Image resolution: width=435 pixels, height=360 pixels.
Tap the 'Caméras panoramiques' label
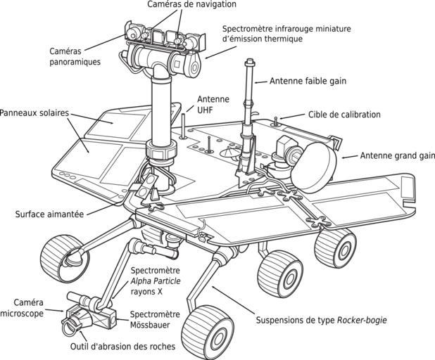pos(75,56)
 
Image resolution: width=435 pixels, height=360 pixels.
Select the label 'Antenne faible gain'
pos(308,81)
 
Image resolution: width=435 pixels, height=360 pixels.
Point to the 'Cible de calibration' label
pos(344,114)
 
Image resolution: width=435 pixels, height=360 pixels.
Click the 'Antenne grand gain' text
pos(396,155)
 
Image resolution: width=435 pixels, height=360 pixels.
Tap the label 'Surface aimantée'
pos(49,214)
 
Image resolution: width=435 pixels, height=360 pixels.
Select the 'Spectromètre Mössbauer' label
pos(156,319)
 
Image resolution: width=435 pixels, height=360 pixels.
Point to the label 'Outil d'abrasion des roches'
pos(123,346)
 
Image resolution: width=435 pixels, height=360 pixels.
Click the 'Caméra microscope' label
pos(23,307)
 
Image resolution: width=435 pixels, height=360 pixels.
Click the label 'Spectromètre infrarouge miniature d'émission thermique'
pos(286,34)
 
